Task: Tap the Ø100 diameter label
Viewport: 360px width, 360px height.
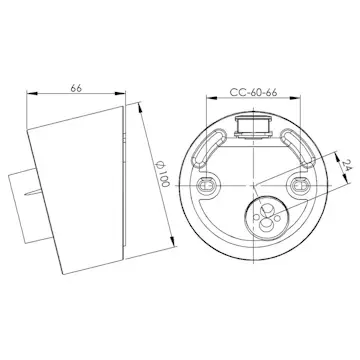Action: point(151,181)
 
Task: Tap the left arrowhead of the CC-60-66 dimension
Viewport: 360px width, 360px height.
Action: point(207,100)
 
